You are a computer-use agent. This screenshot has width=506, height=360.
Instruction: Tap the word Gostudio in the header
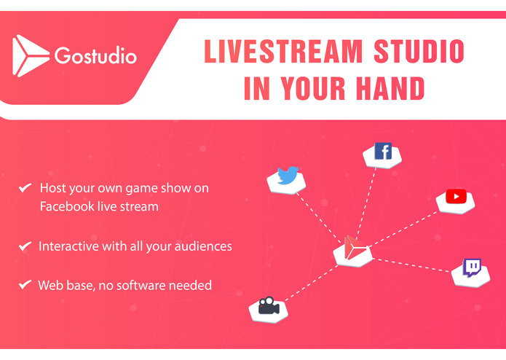(95, 56)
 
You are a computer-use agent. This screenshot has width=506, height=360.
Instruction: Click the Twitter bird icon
(288, 176)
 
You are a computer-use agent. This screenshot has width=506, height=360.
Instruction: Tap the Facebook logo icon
(382, 152)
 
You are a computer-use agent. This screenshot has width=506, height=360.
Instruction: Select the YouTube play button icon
(456, 196)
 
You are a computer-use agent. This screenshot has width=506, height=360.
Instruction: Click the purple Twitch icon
(472, 267)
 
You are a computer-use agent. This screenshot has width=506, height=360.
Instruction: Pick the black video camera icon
(269, 305)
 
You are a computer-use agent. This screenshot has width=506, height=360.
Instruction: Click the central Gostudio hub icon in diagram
(352, 248)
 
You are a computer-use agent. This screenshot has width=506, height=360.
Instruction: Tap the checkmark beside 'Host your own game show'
(25, 188)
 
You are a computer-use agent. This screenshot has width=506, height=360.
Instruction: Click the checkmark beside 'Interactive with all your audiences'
(25, 246)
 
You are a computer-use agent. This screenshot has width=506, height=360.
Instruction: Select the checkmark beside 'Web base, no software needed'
(25, 285)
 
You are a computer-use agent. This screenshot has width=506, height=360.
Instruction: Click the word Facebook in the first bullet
(67, 207)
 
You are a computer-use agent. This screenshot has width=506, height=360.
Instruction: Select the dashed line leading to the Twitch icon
(411, 263)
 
